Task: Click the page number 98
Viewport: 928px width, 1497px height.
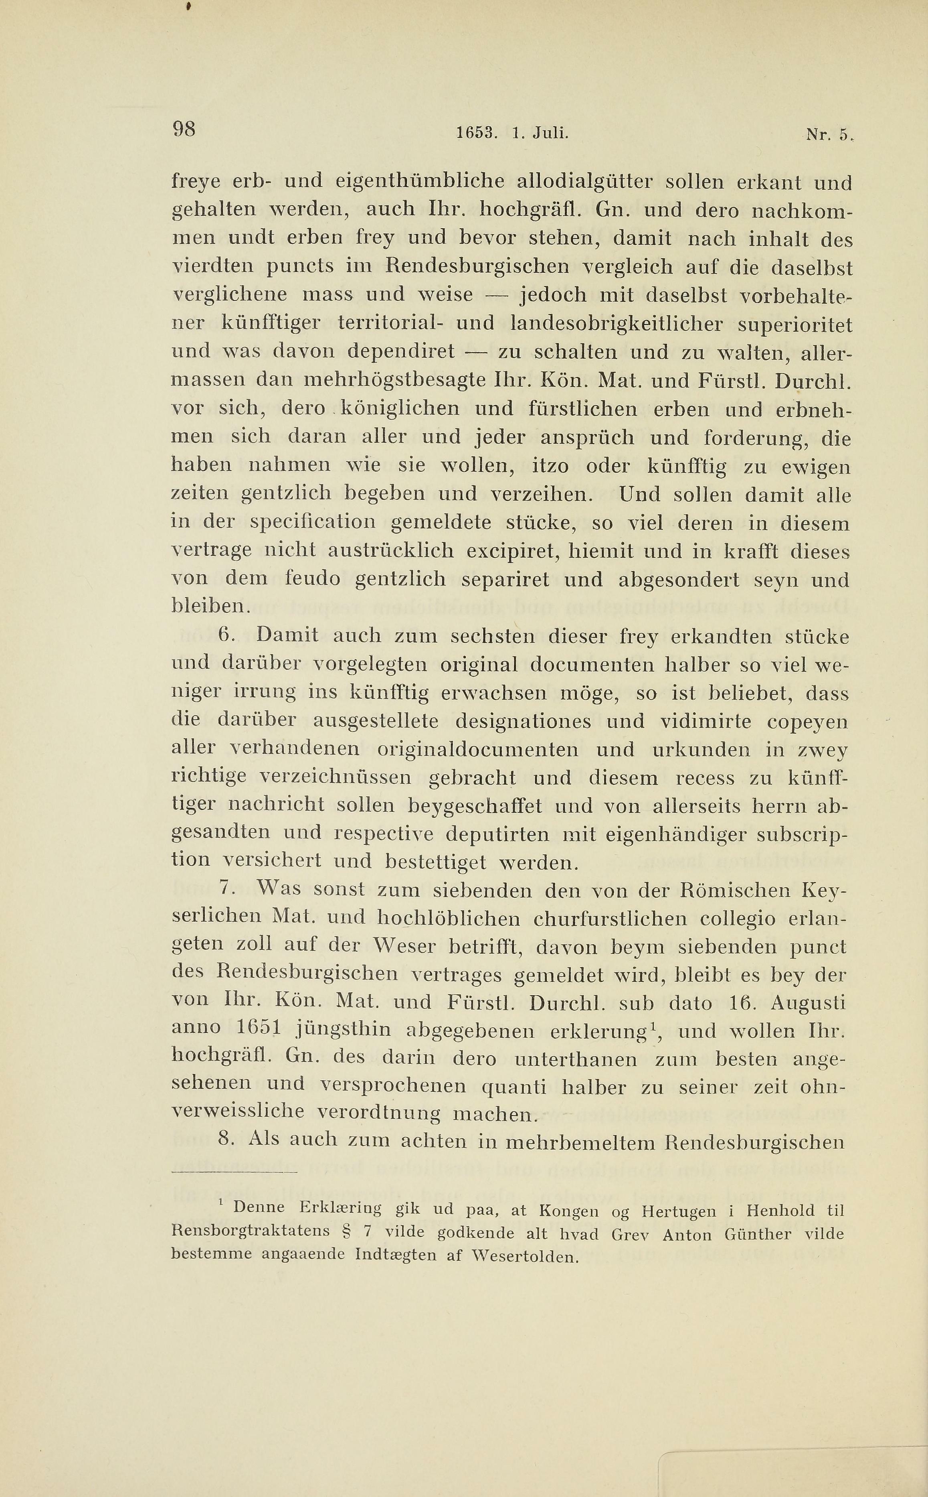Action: coord(184,129)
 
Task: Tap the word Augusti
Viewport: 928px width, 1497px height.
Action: coord(808,1003)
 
